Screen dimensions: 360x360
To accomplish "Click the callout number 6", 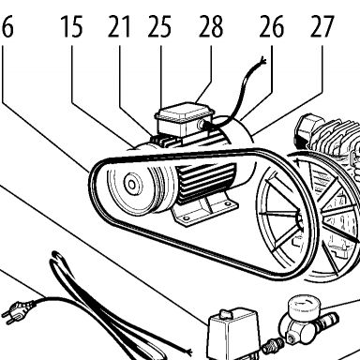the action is pos(7,27).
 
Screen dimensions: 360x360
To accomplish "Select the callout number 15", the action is pos(72,27).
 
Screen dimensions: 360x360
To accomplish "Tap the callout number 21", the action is pos(119,27).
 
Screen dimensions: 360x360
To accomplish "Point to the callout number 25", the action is pos(159,27).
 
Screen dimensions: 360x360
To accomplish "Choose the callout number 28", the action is pos(211,27).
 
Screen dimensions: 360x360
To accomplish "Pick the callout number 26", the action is pos(272,27).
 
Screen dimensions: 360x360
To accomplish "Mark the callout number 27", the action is pos(322,27).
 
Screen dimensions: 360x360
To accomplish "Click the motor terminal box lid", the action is pos(184,112).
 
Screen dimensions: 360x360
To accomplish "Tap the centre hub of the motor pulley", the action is pos(132,185).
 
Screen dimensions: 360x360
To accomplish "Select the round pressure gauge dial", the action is pos(302,307).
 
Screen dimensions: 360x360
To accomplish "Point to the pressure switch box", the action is pos(233,336).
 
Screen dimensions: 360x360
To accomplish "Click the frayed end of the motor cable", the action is pos(263,59).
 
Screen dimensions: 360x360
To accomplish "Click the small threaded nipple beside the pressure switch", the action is pos(273,346).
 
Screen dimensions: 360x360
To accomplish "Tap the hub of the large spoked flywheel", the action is pos(299,218).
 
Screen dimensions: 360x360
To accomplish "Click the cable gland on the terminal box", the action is pos(202,125).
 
